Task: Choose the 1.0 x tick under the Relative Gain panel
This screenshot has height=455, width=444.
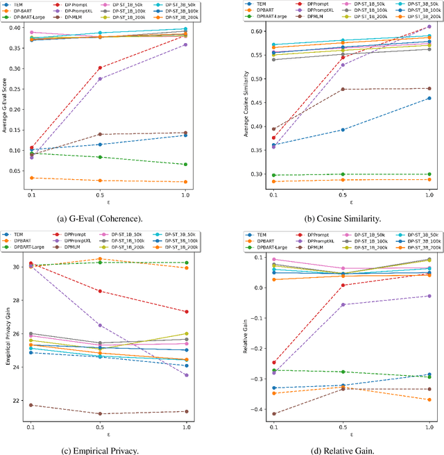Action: point(429,427)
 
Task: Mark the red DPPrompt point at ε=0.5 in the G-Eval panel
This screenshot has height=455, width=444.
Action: point(99,68)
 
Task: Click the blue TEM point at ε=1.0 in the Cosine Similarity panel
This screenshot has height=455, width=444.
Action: point(429,98)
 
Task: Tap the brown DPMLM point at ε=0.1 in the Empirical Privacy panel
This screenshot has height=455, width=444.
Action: point(31,405)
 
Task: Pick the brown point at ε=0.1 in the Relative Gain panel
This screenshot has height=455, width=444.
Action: point(255,413)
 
